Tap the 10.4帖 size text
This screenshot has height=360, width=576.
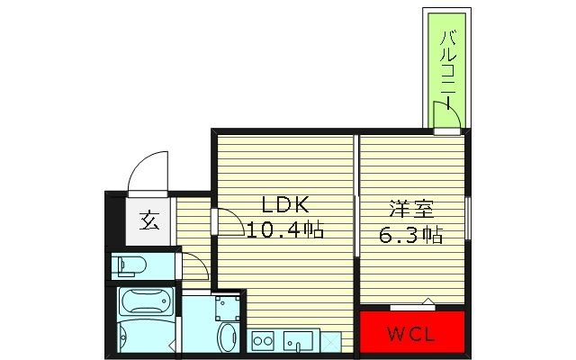click(x=285, y=229)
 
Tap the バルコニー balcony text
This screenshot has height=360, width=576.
click(x=447, y=63)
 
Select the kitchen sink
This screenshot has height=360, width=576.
click(x=298, y=341)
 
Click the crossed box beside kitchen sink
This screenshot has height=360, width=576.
click(x=331, y=341)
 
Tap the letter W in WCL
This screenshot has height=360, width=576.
click(x=395, y=337)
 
